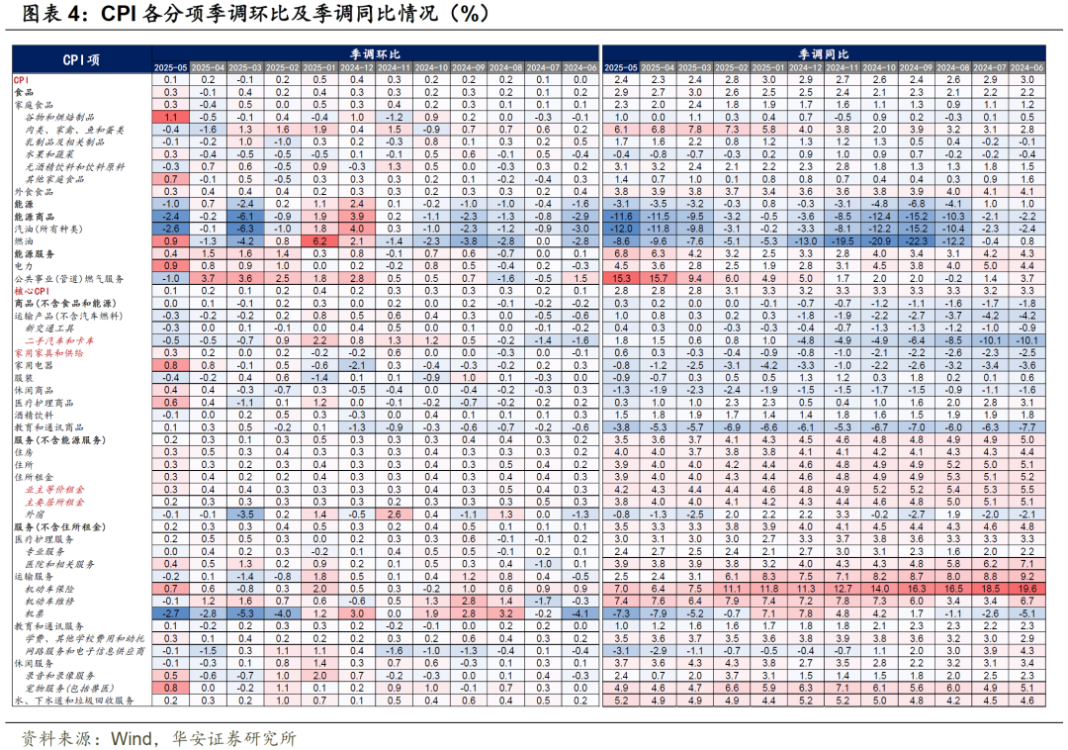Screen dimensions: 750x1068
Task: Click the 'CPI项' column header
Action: click(81, 59)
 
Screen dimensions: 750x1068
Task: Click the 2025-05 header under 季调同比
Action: click(621, 66)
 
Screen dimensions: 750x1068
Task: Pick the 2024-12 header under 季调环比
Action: click(357, 66)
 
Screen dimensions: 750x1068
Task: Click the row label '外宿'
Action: click(34, 515)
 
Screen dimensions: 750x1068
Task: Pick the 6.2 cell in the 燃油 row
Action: click(319, 240)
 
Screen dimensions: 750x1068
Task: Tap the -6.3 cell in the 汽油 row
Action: click(244, 229)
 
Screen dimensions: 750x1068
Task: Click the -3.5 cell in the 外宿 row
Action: click(244, 515)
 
